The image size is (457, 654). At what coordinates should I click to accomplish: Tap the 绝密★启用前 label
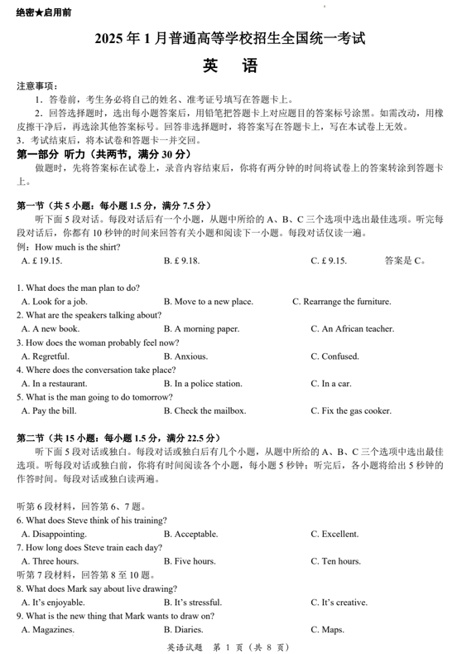pos(43,13)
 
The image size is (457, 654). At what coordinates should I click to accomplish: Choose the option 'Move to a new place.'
pos(208,302)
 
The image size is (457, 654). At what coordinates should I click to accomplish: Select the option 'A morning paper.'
pos(201,329)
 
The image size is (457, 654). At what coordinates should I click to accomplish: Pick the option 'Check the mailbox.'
pos(204,410)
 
